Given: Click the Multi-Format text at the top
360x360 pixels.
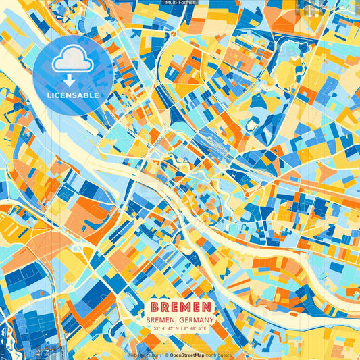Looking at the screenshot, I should [180, 3].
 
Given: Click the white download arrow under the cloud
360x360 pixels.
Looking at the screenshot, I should [74, 80].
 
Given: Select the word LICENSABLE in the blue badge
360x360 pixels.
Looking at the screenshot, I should [74, 95].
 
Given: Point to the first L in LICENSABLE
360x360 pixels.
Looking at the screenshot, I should [49, 95].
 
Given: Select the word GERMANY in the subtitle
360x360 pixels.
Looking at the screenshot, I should [196, 320].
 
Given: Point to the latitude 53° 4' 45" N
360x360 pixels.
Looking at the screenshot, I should [159, 329].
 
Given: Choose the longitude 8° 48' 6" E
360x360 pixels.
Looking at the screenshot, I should [198, 329].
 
